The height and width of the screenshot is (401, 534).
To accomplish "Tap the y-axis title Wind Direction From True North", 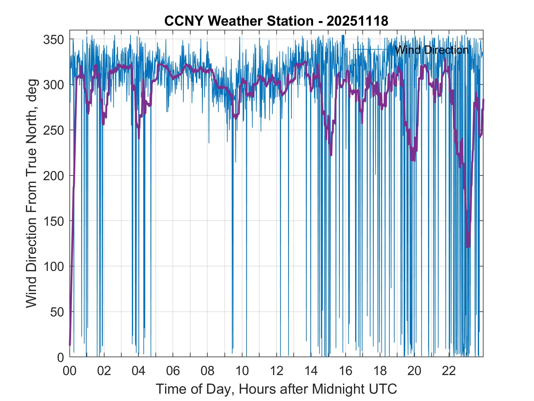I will [x=31, y=194].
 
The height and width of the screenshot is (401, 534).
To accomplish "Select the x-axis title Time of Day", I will [x=276, y=389].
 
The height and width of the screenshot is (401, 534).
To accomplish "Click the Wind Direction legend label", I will [x=431, y=50].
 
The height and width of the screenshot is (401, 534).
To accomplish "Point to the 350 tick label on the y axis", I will [x=54, y=39].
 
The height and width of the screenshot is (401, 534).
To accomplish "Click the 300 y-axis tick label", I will [x=54, y=85].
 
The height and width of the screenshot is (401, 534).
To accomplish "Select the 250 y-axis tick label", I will [x=54, y=130].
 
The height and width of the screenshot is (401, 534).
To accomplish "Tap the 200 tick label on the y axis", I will [x=54, y=176].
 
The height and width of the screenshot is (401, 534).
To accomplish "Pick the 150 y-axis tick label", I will [x=54, y=221].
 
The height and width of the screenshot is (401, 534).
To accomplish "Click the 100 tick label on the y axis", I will [x=54, y=266].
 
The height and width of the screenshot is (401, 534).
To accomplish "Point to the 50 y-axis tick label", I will [x=57, y=312].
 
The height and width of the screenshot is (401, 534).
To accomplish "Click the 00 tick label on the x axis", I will [x=70, y=371].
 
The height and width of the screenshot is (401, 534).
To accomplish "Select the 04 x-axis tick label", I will [x=139, y=371].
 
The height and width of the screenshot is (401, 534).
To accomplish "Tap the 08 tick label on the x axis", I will [x=207, y=371].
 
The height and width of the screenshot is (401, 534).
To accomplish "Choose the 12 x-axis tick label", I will [x=276, y=371].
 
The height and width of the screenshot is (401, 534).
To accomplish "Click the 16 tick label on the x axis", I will [x=345, y=371].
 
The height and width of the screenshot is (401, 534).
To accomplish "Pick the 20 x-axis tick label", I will [x=414, y=371].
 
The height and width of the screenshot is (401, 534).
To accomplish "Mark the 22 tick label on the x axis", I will [x=449, y=371].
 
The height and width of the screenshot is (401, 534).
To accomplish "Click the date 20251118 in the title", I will [x=357, y=21].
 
